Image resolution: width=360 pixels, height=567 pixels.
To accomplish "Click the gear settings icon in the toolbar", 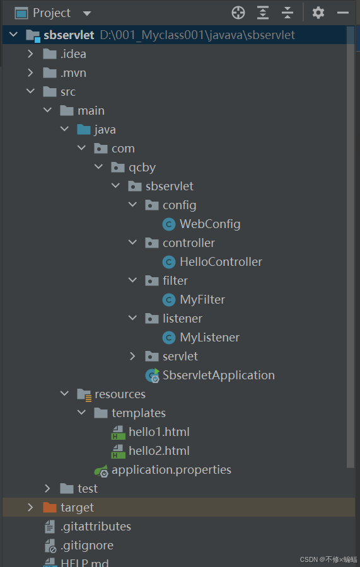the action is [318, 13].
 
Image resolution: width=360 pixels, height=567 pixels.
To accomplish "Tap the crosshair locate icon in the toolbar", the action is [238, 13].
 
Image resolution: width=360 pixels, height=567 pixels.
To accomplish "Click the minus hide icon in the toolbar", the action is [342, 13].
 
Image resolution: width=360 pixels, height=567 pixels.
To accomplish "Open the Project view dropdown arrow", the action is [87, 14].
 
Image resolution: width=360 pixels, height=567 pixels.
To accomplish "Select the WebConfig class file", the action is [210, 224].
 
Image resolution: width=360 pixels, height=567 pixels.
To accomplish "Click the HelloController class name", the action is [221, 262].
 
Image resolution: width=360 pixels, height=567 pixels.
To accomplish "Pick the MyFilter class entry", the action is [202, 299].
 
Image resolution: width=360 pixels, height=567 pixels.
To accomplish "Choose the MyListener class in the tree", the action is [209, 338].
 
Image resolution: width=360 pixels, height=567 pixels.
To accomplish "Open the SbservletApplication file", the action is [219, 375].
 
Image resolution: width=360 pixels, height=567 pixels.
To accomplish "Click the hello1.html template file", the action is [159, 432].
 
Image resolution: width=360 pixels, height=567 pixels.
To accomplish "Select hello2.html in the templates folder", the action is [159, 450].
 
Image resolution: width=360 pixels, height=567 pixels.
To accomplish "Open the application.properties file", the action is [171, 470].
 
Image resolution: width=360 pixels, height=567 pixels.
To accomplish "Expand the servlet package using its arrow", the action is [132, 356].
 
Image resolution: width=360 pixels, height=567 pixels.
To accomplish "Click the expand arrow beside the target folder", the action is [30, 507].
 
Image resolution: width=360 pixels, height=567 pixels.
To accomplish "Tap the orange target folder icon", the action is [50, 508].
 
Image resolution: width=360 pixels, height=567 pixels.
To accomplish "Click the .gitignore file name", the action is [87, 546].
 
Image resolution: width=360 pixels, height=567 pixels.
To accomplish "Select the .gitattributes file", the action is [96, 527].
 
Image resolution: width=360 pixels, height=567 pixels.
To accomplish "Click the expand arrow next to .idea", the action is [30, 54].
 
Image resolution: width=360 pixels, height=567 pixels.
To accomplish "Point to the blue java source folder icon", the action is [84, 129].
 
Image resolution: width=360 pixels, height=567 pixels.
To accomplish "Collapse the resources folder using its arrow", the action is [65, 393].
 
